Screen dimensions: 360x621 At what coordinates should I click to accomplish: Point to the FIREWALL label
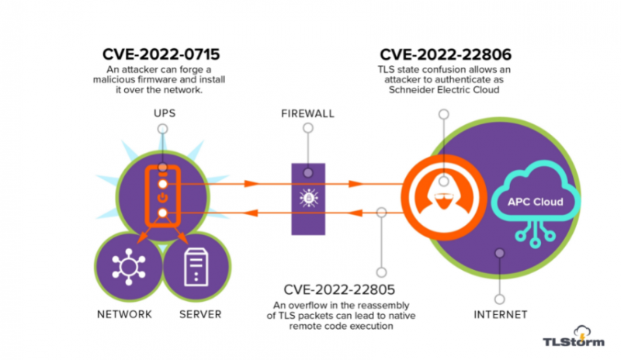coord(307,114)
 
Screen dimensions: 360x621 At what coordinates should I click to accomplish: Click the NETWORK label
coord(124,314)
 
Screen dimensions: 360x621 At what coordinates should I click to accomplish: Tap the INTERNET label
coord(501,315)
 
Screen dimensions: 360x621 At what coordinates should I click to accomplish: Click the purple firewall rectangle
coord(308,198)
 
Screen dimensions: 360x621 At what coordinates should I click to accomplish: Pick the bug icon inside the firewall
coord(308,199)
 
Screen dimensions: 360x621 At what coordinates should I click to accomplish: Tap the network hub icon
coord(127,268)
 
